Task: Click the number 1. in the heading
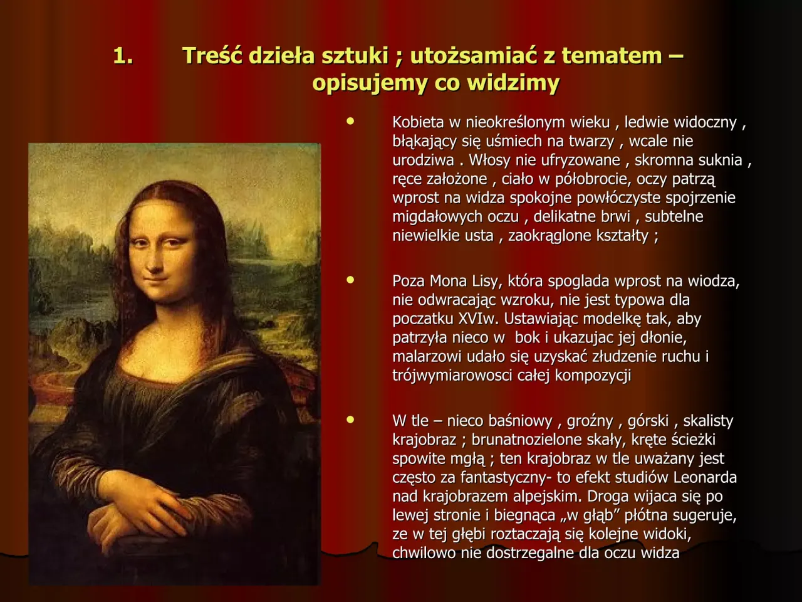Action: (123, 56)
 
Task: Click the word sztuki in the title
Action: (355, 56)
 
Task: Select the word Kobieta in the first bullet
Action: (418, 122)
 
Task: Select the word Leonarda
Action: (705, 478)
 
